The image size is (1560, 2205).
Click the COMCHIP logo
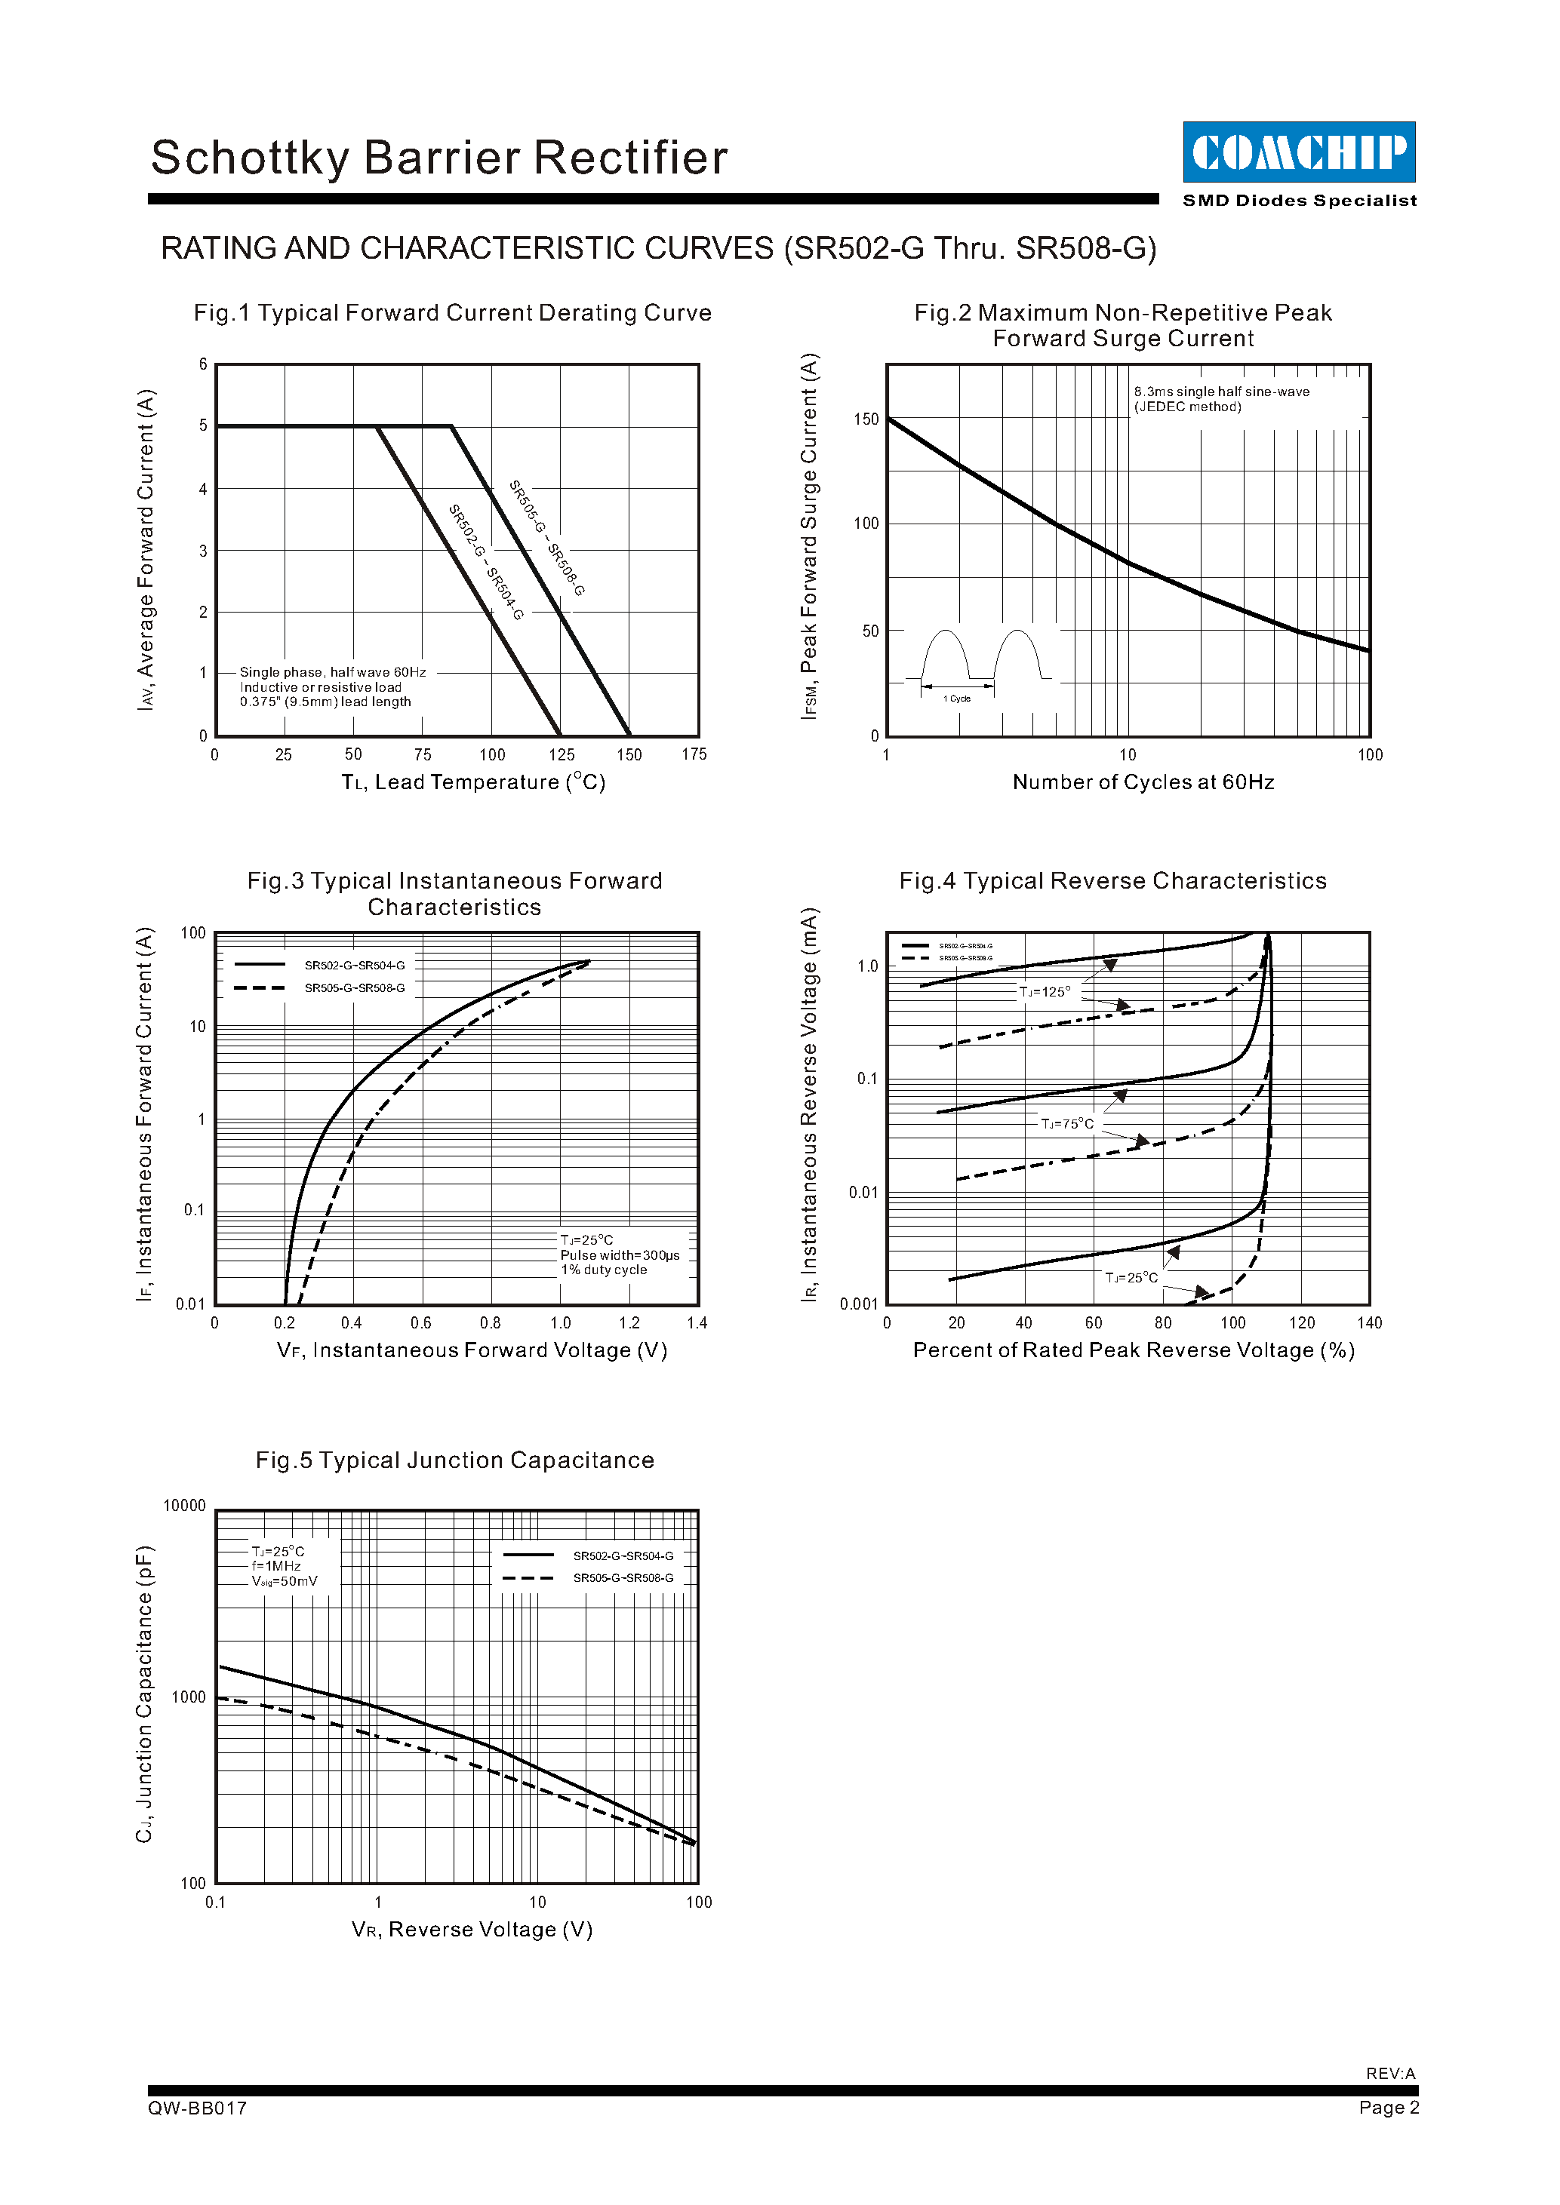[1299, 152]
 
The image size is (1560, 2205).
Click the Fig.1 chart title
[452, 313]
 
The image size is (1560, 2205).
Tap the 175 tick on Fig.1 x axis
[694, 755]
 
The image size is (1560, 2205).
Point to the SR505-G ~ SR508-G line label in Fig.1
[546, 538]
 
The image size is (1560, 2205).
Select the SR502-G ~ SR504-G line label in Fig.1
[486, 562]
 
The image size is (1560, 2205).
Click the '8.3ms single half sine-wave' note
[1221, 392]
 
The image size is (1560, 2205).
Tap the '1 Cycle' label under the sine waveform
[957, 699]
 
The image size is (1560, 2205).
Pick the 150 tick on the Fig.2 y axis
[866, 419]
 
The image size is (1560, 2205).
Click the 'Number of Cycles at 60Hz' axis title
[1143, 783]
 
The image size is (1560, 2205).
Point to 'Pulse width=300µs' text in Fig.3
[620, 1255]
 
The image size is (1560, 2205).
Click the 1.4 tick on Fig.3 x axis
[697, 1323]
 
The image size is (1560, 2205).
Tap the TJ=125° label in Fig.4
[1045, 992]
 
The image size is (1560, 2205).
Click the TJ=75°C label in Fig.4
[1067, 1124]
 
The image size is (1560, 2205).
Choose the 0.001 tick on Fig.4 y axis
[859, 1304]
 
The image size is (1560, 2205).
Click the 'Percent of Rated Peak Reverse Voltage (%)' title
[1134, 1350]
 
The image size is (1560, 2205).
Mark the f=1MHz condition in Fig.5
[277, 1566]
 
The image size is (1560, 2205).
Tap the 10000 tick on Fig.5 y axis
[184, 1506]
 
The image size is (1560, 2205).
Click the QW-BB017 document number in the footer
[198, 2108]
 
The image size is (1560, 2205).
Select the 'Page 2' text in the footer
[1388, 2107]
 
